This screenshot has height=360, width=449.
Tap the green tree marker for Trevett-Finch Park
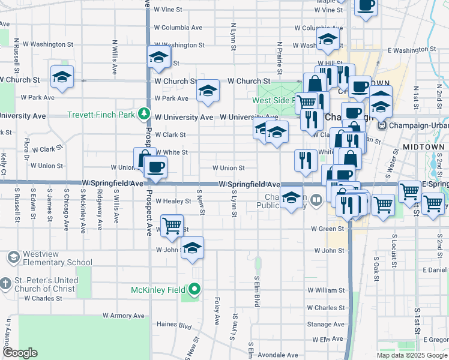click(x=143, y=113)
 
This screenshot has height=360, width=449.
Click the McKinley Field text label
click(x=159, y=290)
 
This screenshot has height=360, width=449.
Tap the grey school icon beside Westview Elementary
click(x=13, y=257)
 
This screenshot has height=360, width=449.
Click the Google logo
click(x=20, y=353)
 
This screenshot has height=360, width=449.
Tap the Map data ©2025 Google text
click(x=411, y=355)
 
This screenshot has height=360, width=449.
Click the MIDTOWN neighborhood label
click(x=424, y=147)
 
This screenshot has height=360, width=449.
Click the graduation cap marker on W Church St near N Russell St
click(x=62, y=76)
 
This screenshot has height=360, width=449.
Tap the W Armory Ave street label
click(x=124, y=316)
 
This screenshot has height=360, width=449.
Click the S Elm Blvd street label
click(x=256, y=292)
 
